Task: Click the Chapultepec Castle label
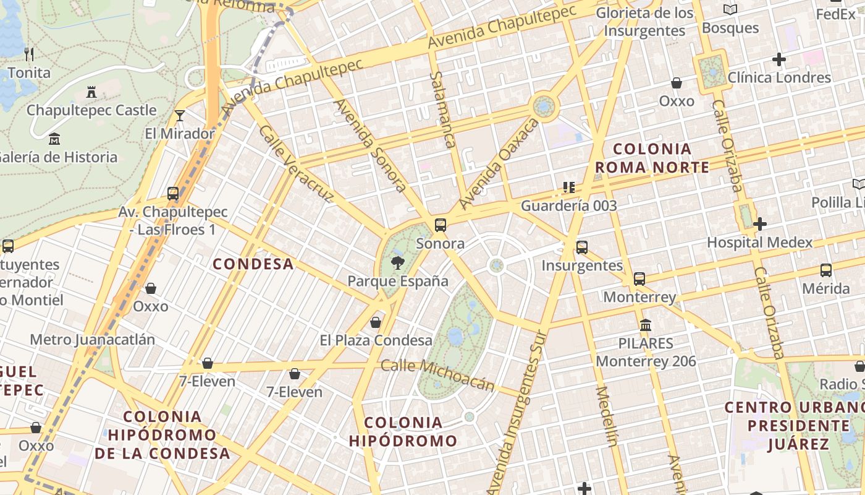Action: (91, 110)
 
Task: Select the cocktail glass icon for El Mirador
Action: (179, 116)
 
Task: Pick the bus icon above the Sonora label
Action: (441, 225)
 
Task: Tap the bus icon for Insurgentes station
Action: (582, 247)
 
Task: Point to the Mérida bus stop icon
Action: (826, 270)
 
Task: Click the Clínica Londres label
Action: (779, 77)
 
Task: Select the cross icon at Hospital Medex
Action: (760, 224)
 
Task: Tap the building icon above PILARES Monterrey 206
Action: (646, 325)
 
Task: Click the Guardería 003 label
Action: (568, 205)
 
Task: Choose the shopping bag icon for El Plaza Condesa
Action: (376, 322)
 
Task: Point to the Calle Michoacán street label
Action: (437, 374)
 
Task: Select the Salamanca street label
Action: (444, 110)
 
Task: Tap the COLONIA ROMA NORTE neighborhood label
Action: (652, 158)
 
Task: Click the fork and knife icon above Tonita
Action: (29, 54)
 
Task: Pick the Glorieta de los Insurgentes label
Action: (645, 22)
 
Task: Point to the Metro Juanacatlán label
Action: (93, 340)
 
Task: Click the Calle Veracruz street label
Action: (296, 165)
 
